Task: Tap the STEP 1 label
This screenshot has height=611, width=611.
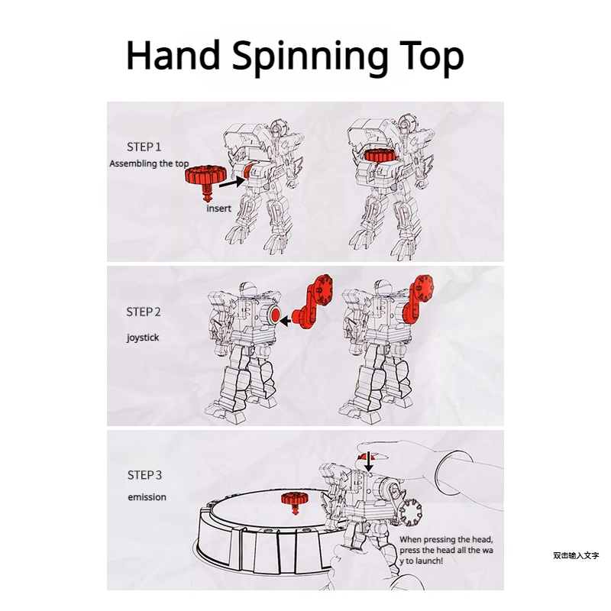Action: pos(144,146)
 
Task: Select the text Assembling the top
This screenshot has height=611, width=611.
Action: pos(149,163)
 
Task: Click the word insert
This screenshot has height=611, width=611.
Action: pos(218,209)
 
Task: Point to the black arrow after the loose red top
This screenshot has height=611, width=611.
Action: pos(233,182)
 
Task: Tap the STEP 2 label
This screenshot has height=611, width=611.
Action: pos(144,312)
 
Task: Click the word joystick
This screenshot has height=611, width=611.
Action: pos(143,337)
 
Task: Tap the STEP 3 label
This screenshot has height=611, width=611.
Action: pos(144,475)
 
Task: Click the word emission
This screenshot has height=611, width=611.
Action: pos(147,497)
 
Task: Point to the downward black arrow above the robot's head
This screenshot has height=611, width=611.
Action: pos(370,461)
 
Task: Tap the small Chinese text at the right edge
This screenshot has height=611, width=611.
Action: pos(576,555)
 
